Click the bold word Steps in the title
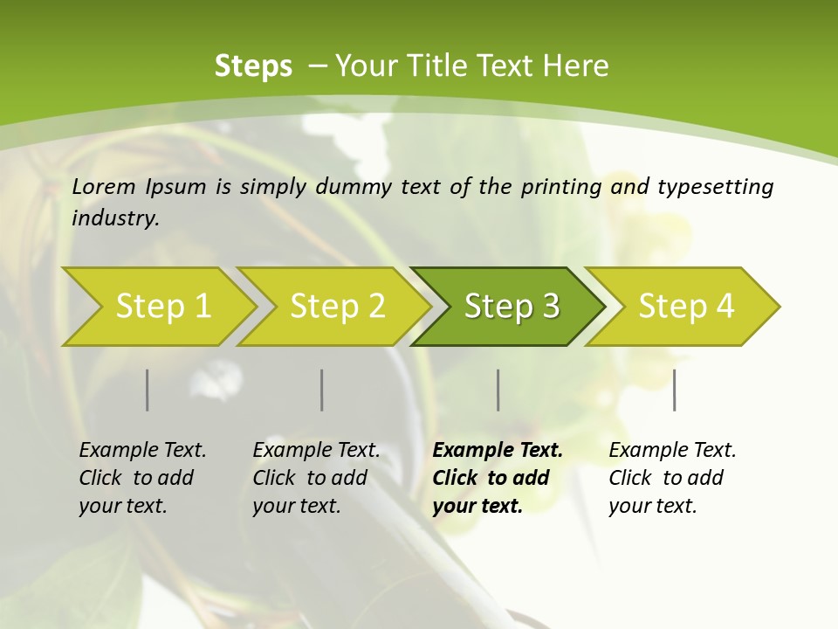pos(253,66)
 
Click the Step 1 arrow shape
pos(162,307)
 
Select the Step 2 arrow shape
pos(337,307)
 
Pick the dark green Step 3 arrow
pos(512,307)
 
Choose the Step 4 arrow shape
pos(686,307)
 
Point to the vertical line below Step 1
pos(148,390)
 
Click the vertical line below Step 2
pos(322,390)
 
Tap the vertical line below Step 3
pos(498,390)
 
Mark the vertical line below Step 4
pos(675,390)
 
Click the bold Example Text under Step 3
pos(498,450)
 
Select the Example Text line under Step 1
pos(142,450)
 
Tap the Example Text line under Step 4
pos(672,450)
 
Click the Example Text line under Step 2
pos(316,450)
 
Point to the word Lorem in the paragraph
pos(103,186)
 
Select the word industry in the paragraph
pos(114,218)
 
